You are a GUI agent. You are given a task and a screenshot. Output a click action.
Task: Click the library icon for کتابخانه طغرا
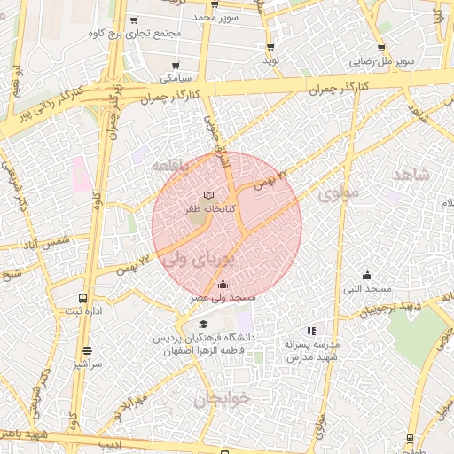[x=209, y=194]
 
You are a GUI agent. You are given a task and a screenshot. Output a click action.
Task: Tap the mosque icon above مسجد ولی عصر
[x=221, y=285]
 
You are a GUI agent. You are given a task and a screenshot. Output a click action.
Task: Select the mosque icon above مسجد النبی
[x=367, y=275]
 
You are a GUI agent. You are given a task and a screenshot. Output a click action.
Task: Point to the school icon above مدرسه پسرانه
[x=310, y=331]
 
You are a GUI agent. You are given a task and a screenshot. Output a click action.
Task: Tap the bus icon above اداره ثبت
[x=82, y=298]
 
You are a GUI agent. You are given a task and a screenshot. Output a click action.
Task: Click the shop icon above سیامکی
[x=176, y=65]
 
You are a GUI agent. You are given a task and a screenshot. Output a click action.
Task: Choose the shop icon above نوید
[x=270, y=46]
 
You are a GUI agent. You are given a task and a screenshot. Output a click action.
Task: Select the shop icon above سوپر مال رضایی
[x=381, y=48]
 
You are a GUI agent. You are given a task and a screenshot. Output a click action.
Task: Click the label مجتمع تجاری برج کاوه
[x=136, y=33]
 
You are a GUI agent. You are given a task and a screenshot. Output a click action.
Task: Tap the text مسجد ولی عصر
[x=225, y=299]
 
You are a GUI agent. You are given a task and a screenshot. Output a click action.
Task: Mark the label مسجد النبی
[x=367, y=289]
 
